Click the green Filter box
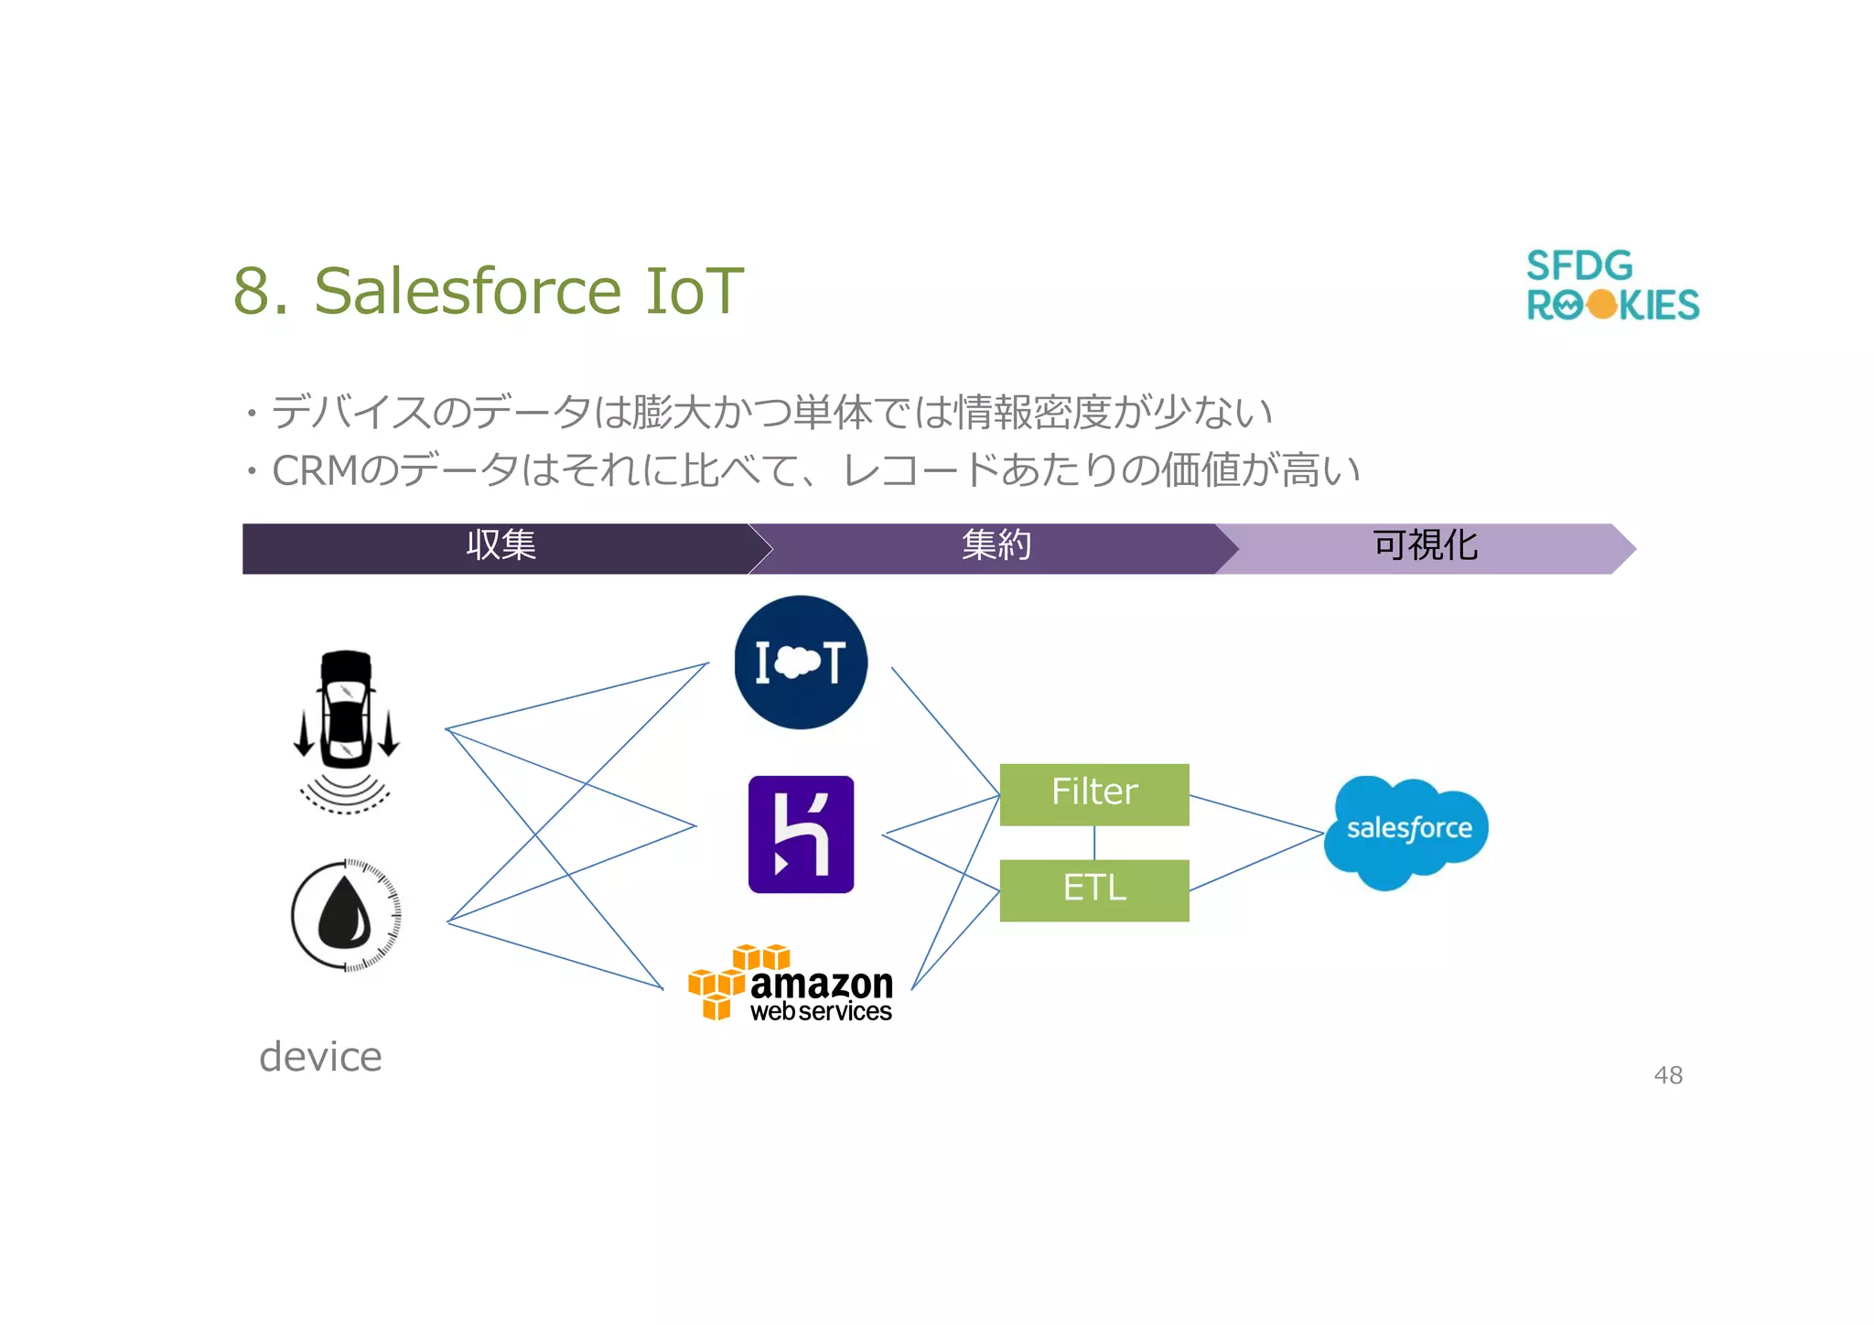[x=1094, y=794]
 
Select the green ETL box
[x=1094, y=889]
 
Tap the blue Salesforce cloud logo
[x=1406, y=831]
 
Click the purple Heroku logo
[x=801, y=834]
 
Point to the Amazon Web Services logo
[x=792, y=985]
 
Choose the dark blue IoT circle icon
[x=801, y=662]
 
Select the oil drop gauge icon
[x=346, y=915]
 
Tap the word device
[x=320, y=1057]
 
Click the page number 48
[x=1668, y=1075]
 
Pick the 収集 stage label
[x=501, y=546]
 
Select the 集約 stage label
[x=996, y=546]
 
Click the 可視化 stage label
[x=1425, y=546]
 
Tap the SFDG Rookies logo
[x=1611, y=285]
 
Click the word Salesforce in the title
[x=468, y=291]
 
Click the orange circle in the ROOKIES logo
[x=1602, y=305]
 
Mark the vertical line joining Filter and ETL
[x=1094, y=843]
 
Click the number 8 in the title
[x=252, y=291]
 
